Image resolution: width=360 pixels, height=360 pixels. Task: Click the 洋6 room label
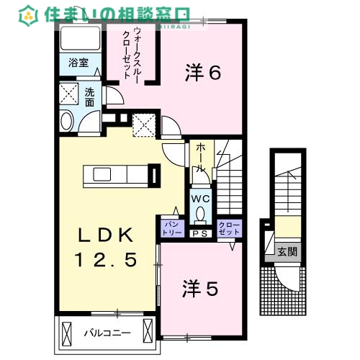[202, 73]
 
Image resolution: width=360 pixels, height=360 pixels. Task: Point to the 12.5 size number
[106, 261]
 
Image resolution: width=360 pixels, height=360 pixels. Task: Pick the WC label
[200, 198]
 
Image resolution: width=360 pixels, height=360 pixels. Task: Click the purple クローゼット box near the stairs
[229, 228]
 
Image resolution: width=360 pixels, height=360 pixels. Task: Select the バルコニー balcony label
[106, 333]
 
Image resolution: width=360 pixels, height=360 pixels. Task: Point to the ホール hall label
[200, 156]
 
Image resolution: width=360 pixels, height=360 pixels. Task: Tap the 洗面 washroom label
[89, 97]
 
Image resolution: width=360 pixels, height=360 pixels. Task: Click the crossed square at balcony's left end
[67, 333]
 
